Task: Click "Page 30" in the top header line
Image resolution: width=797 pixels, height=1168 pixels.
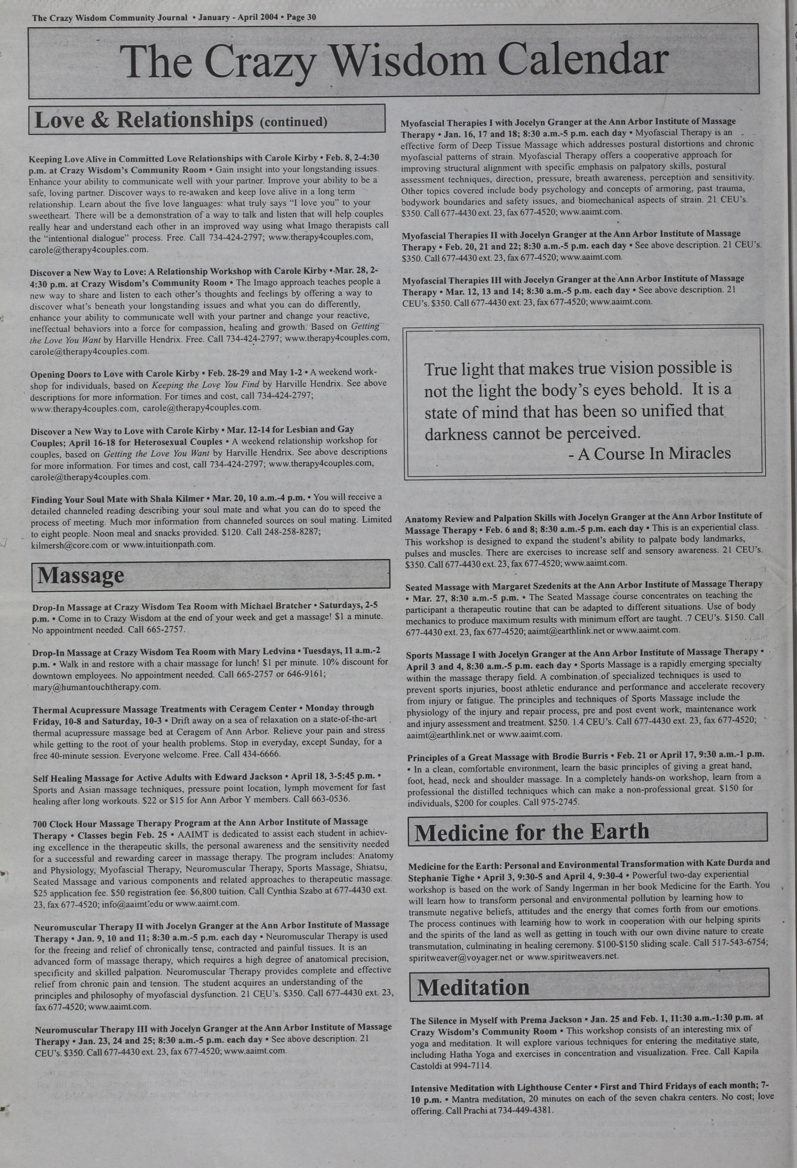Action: pyautogui.click(x=302, y=17)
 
